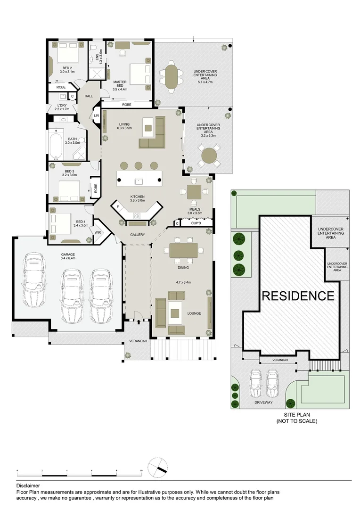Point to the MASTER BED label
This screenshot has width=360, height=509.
click(120, 86)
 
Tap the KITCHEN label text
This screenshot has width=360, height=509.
click(138, 197)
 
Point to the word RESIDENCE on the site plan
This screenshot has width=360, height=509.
click(298, 296)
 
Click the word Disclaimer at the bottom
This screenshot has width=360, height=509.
click(28, 485)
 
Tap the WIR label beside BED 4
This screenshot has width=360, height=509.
click(98, 232)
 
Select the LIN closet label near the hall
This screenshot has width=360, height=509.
click(96, 115)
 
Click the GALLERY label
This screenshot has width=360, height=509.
click(138, 235)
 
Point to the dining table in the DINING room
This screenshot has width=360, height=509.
click(184, 250)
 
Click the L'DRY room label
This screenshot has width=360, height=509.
click(62, 107)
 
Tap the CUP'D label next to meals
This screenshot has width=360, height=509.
click(196, 223)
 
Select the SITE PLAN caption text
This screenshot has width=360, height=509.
click(297, 415)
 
